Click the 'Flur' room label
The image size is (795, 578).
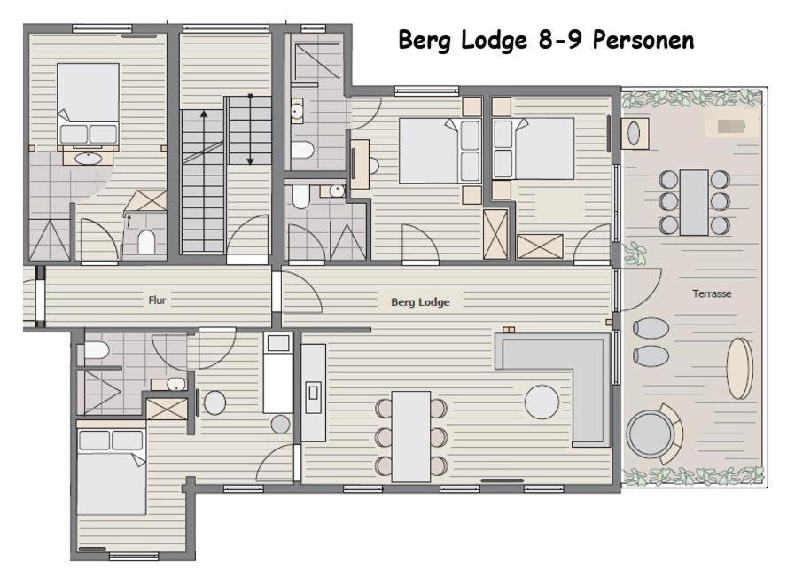tap(157, 301)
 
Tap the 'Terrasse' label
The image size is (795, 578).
tap(712, 293)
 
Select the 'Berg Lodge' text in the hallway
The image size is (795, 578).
tap(420, 302)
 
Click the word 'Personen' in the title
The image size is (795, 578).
tap(643, 40)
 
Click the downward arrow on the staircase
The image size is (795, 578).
tap(250, 129)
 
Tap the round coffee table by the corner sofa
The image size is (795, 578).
tap(542, 402)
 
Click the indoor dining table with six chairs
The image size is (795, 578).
tap(411, 436)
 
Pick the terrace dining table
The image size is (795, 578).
tap(694, 202)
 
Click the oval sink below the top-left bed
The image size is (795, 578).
tap(89, 158)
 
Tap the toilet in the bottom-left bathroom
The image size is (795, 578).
tap(97, 350)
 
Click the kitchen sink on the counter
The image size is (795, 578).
tap(314, 393)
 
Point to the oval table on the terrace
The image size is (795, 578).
tap(740, 369)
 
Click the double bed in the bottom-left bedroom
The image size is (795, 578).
tap(111, 473)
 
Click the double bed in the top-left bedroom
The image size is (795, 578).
tap(89, 104)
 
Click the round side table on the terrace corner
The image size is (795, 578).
tap(634, 133)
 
